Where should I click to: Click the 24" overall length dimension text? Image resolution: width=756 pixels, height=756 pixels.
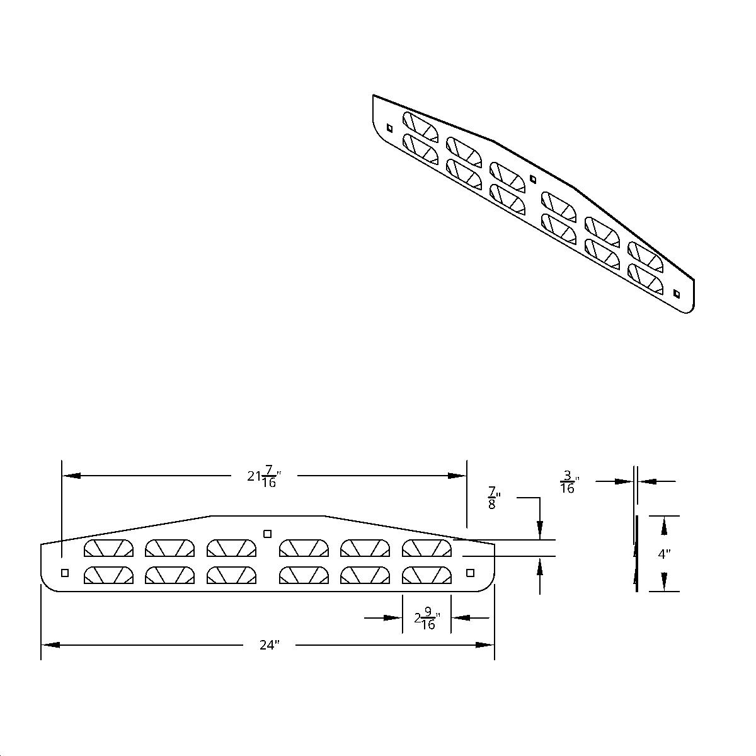click(268, 645)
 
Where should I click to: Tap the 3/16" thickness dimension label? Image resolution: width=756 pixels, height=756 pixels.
click(568, 482)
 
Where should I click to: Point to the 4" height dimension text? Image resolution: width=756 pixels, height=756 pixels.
click(664, 555)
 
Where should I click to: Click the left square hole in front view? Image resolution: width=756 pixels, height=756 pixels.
click(64, 573)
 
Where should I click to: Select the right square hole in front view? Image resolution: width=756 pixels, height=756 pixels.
click(469, 572)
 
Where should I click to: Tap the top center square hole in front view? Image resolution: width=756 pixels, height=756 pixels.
click(267, 534)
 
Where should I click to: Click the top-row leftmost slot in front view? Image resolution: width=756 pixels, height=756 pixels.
click(108, 548)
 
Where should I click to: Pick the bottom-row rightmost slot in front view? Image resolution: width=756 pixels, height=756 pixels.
click(427, 575)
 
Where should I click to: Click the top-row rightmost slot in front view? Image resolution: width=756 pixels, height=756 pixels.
click(427, 548)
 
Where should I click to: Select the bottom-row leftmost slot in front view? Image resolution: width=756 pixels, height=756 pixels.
click(108, 575)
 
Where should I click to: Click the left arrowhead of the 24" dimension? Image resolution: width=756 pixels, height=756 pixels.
click(50, 645)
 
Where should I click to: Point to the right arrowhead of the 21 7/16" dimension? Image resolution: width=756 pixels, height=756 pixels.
click(457, 476)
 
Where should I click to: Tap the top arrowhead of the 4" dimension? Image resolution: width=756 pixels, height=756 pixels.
click(664, 522)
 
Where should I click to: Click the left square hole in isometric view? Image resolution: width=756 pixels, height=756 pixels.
click(390, 128)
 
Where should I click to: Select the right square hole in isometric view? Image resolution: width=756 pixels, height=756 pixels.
click(677, 294)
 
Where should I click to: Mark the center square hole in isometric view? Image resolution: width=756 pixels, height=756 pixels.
click(532, 178)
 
